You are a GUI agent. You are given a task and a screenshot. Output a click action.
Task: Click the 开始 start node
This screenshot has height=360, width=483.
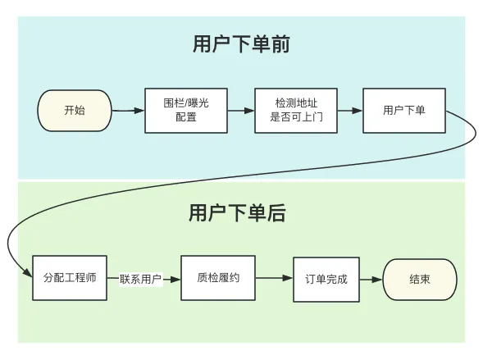click(75, 111)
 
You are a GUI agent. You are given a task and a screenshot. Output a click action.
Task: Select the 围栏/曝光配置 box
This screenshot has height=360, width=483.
click(186, 111)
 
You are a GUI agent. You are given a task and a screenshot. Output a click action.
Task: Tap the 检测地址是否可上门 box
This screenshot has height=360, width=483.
click(296, 111)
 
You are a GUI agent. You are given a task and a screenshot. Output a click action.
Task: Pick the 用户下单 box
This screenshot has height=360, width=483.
click(404, 111)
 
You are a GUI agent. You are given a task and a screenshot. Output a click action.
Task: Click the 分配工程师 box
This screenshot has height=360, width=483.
click(70, 278)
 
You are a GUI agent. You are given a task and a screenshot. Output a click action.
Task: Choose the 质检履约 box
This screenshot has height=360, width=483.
click(218, 278)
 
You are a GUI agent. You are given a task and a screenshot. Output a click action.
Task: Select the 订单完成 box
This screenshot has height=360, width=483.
click(326, 280)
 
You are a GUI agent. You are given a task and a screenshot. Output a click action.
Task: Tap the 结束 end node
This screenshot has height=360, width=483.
click(420, 280)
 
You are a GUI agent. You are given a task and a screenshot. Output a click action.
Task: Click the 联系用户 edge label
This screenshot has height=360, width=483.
click(141, 279)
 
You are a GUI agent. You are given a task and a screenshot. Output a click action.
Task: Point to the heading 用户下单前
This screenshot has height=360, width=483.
click(241, 44)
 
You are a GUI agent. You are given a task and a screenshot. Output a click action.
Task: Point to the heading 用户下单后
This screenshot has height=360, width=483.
click(237, 212)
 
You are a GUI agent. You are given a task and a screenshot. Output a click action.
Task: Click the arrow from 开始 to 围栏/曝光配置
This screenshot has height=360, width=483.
click(128, 110)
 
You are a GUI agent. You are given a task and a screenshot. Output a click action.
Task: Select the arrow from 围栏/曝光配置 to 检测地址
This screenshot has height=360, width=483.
click(241, 110)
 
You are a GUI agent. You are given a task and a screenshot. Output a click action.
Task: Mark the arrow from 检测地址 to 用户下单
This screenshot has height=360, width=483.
click(350, 110)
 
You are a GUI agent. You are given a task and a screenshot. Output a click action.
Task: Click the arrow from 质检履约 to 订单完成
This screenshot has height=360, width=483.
click(274, 278)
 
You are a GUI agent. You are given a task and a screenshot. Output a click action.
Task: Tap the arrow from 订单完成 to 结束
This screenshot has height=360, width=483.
click(371, 280)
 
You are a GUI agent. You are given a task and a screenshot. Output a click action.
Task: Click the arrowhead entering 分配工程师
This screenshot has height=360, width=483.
click(28, 272)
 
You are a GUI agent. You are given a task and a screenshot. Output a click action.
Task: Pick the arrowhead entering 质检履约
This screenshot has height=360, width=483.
click(175, 280)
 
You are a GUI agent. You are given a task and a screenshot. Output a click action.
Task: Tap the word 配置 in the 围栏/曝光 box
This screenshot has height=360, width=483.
click(186, 117)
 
